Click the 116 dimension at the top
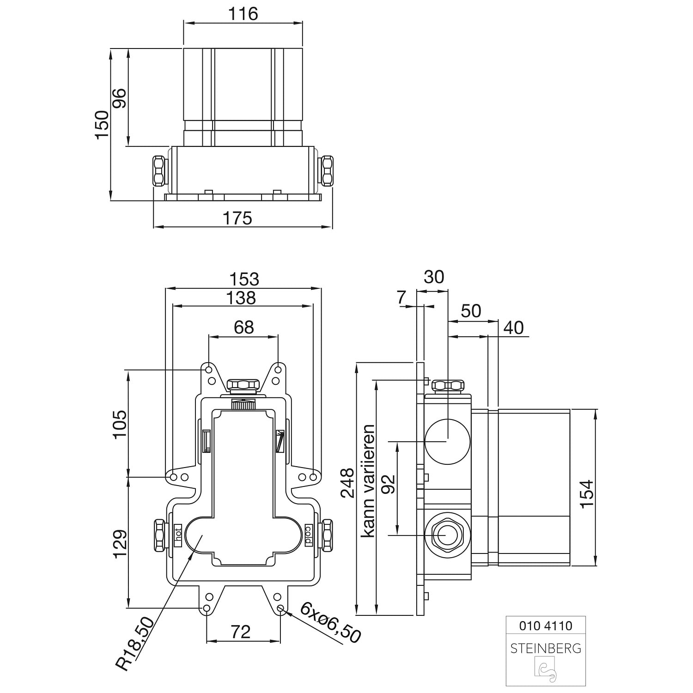click(x=243, y=14)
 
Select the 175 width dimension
click(x=238, y=218)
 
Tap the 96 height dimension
click(x=119, y=98)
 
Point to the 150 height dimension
click(x=102, y=124)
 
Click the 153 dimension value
click(x=244, y=279)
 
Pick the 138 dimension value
click(x=242, y=298)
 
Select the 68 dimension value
click(x=243, y=327)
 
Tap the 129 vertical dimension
click(x=119, y=544)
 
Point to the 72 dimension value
click(x=240, y=631)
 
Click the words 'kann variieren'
click(x=368, y=480)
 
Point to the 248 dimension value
click(x=347, y=483)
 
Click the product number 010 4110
click(x=546, y=626)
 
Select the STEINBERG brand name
click(x=546, y=648)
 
